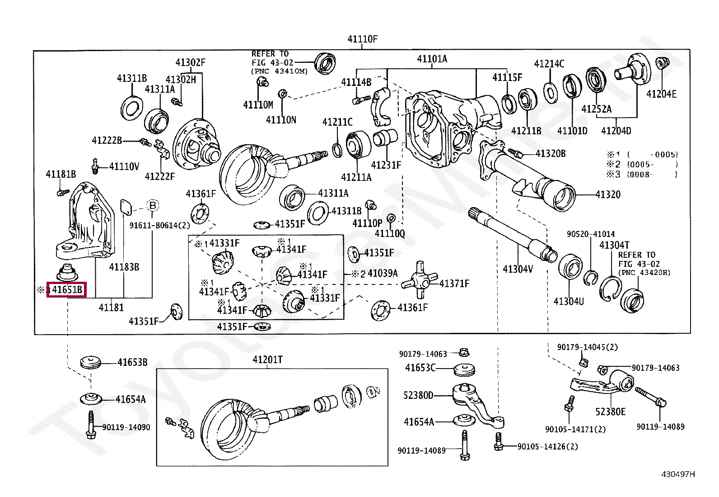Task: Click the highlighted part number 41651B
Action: click(x=67, y=290)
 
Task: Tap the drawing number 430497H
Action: click(x=678, y=474)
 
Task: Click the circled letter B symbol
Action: click(x=153, y=206)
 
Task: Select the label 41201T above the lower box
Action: click(x=267, y=360)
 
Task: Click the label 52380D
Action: click(x=418, y=396)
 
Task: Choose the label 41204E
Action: click(x=661, y=94)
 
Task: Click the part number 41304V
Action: click(x=518, y=269)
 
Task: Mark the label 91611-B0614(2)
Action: click(x=160, y=224)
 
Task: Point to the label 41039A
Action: click(x=383, y=273)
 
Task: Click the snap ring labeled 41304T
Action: click(x=610, y=288)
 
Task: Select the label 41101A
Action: click(x=432, y=59)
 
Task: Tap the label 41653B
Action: click(x=132, y=362)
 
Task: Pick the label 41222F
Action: click(x=159, y=176)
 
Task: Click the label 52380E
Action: click(x=610, y=412)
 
